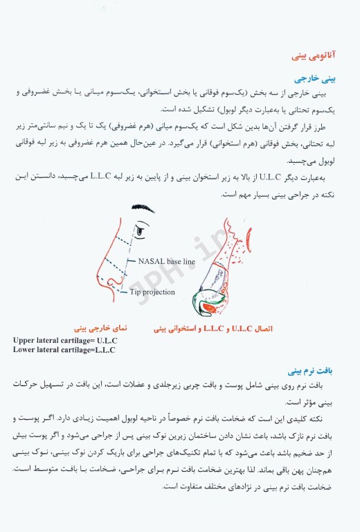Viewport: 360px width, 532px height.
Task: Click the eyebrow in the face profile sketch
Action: point(137,226)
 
